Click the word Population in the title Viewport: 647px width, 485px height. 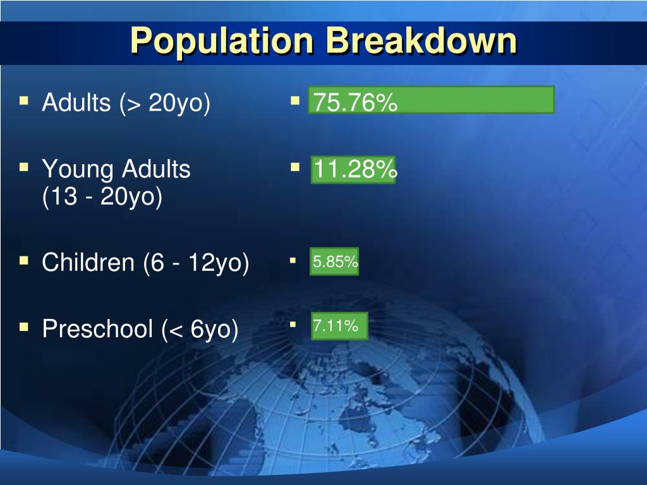click(222, 41)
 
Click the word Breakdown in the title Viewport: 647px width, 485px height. click(422, 41)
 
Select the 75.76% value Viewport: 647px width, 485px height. click(356, 102)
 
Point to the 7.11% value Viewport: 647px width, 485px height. click(336, 326)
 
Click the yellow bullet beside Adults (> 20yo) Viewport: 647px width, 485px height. click(24, 100)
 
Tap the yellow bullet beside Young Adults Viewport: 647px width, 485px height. click(24, 167)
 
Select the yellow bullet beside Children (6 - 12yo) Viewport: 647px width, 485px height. click(24, 260)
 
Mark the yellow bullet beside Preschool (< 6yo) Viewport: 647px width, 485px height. click(24, 326)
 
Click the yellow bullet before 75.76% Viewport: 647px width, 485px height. click(294, 100)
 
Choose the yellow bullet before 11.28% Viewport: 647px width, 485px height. click(294, 167)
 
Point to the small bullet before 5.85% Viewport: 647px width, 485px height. click(293, 260)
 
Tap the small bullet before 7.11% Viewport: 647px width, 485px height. click(293, 325)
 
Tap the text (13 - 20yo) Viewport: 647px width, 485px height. click(102, 197)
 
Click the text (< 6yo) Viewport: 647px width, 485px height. click(200, 329)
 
